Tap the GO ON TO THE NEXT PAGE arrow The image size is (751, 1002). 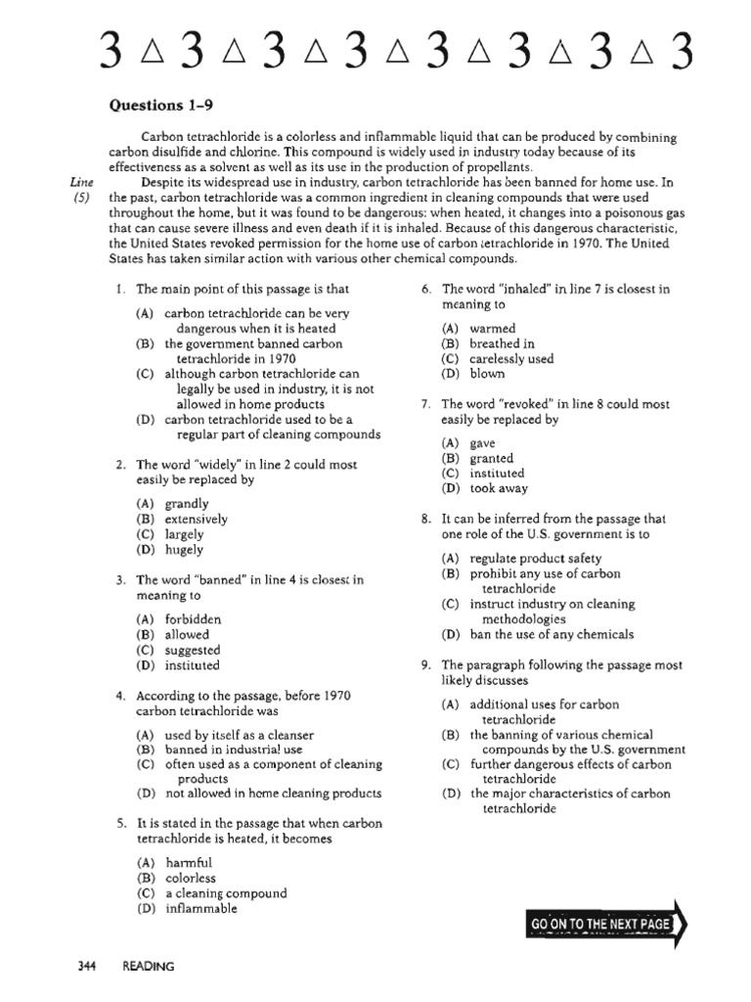tap(606, 924)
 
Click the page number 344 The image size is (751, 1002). tap(87, 966)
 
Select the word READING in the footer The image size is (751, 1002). tap(149, 966)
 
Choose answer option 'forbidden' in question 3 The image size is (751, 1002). tap(193, 619)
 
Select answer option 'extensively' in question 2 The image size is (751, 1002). tap(196, 520)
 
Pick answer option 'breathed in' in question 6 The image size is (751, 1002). tap(502, 343)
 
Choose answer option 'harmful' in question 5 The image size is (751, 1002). tap(188, 863)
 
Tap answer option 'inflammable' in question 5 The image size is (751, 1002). tap(200, 908)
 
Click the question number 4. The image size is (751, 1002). tap(118, 696)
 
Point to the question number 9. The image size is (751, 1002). tap(425, 665)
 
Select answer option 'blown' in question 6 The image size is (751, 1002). tap(487, 373)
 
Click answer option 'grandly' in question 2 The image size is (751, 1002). tap(187, 504)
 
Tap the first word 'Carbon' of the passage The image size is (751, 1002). tap(162, 138)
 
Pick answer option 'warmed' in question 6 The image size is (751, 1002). tap(492, 329)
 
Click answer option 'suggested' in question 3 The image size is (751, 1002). tap(193, 650)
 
